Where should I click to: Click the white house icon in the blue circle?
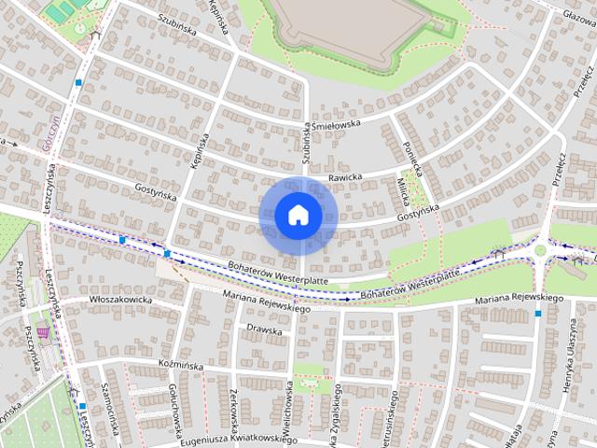(x=298, y=216)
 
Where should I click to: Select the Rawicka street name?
(x=344, y=176)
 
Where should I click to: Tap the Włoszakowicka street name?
(x=120, y=300)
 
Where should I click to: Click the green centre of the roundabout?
(x=541, y=251)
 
